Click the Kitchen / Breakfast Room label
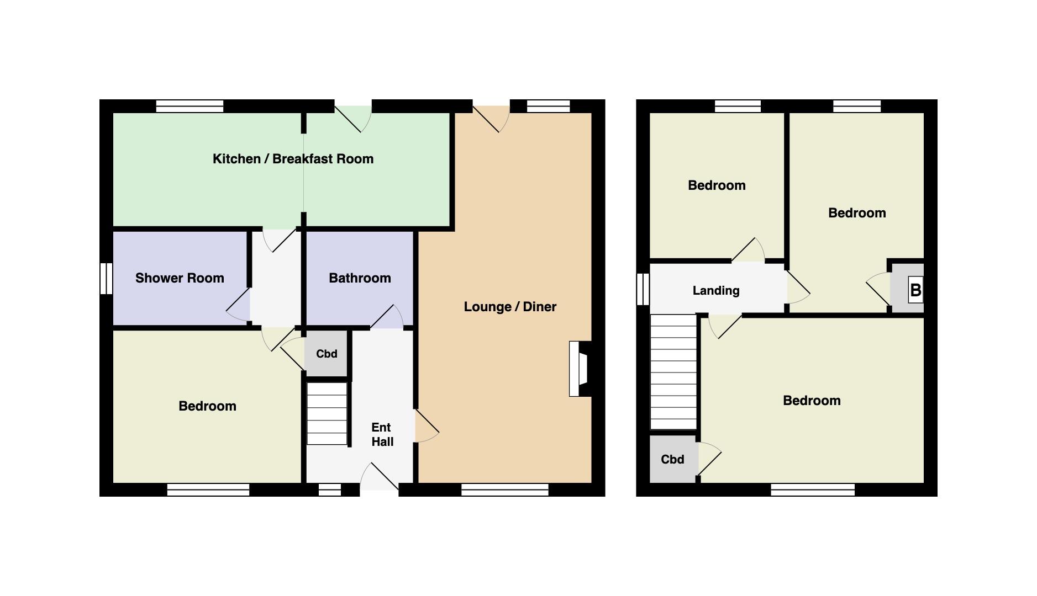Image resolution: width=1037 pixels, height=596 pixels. [x=293, y=159]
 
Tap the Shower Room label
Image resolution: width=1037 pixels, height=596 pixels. [x=180, y=278]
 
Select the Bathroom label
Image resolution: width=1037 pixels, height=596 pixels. [x=360, y=278]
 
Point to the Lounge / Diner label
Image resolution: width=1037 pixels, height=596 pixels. [x=510, y=307]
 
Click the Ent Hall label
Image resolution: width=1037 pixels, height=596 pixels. [x=382, y=434]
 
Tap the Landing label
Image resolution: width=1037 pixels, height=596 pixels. [x=716, y=291]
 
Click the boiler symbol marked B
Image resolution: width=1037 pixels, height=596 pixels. [x=915, y=290]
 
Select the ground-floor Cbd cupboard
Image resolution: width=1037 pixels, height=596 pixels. [x=326, y=354]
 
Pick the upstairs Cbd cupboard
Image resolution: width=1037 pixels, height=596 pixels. [x=672, y=459]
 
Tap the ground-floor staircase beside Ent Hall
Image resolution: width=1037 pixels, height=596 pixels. [x=327, y=414]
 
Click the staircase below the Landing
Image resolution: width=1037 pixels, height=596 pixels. [x=673, y=372]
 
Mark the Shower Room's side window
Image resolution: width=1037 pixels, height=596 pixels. [x=106, y=278]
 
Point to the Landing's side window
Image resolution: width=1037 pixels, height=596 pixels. [x=643, y=289]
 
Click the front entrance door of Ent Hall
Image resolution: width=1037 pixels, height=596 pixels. [x=380, y=477]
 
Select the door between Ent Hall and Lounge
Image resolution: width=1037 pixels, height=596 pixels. [x=427, y=425]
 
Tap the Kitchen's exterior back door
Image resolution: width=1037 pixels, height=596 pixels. [x=353, y=118]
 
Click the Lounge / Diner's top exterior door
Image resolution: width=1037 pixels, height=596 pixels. [x=491, y=118]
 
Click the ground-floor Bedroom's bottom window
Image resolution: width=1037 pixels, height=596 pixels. [x=208, y=489]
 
